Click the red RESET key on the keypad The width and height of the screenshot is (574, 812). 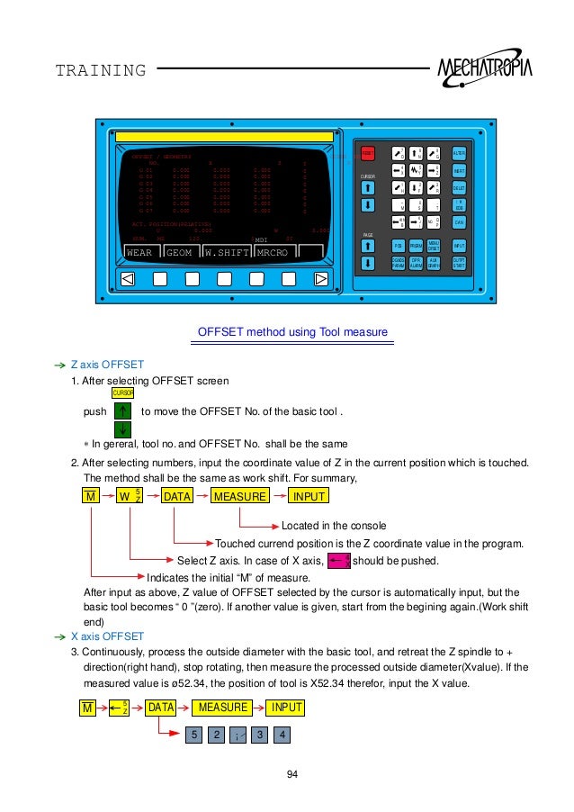click(x=368, y=154)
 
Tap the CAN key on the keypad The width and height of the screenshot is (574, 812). click(x=459, y=221)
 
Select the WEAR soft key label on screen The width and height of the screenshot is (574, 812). click(x=139, y=253)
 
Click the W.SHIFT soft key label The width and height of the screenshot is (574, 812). click(x=227, y=253)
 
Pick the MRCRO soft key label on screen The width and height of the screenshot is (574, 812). click(x=273, y=253)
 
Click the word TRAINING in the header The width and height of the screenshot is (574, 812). click(x=100, y=70)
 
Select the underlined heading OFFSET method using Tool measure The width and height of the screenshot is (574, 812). click(x=292, y=333)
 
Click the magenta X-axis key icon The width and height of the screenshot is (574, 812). click(x=338, y=561)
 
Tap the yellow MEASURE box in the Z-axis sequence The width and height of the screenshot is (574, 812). click(x=240, y=497)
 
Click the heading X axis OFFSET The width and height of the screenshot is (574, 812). click(x=107, y=636)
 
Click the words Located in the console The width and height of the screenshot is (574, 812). click(x=334, y=525)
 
